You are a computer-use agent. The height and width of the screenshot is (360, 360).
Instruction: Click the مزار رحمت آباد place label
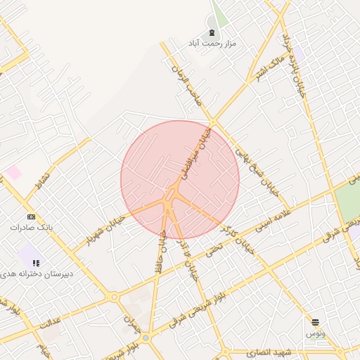coord(212,44)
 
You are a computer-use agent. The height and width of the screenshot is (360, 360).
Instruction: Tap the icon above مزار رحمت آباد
coord(212,32)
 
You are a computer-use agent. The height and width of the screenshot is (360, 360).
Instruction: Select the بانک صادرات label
coord(31,228)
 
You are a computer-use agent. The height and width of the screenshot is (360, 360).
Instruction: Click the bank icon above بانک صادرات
coord(31,217)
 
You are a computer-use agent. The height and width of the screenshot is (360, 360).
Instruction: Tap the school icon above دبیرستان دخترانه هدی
coord(36,263)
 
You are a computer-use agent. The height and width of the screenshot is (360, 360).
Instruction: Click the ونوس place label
coord(315,333)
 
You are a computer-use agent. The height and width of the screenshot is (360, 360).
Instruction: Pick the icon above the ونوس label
coord(315,322)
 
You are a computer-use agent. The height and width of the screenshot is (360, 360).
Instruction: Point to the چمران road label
coord(130,323)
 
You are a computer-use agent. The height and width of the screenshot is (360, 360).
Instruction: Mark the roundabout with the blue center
coord(146,338)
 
